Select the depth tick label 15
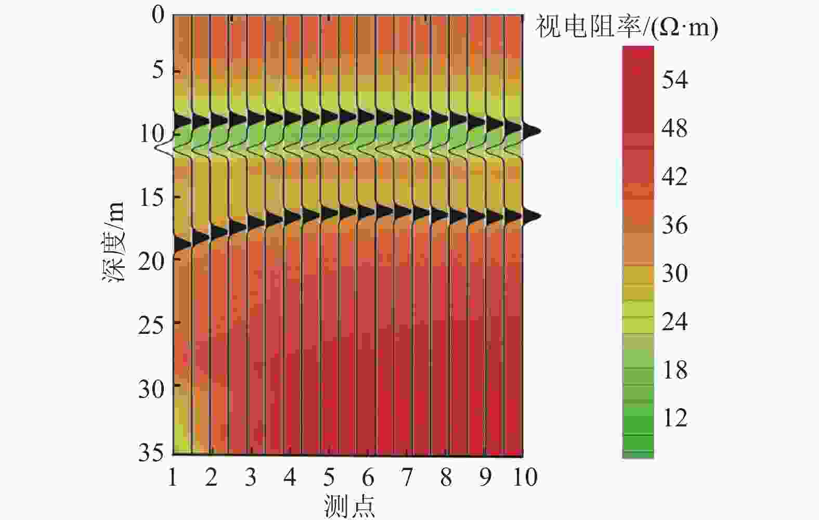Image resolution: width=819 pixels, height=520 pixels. pos(151,197)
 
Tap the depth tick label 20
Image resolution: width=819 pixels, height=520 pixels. pos(151,260)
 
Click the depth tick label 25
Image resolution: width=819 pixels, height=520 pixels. pos(151,324)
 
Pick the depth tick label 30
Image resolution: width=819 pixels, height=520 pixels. pos(151,388)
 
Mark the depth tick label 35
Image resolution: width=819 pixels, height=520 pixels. pos(151,452)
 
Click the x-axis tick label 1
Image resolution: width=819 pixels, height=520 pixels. pos(173,477)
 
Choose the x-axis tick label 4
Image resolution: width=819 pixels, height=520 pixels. pos(290,477)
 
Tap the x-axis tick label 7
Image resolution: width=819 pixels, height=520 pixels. pos(407,477)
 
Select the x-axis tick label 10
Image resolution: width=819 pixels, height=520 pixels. pos(524,477)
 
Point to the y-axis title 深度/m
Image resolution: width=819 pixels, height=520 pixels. pos(114,242)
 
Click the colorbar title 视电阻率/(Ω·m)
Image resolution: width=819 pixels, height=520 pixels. pos(627,27)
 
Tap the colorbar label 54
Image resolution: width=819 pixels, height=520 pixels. pos(674,80)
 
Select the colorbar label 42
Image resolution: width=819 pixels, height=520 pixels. pos(674,177)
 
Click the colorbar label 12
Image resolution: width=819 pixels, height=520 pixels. pos(675,418)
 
